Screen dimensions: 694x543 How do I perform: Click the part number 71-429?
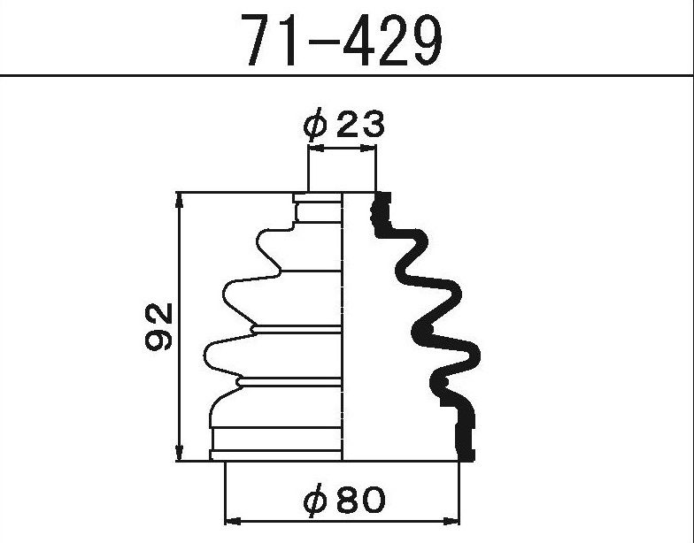click(344, 39)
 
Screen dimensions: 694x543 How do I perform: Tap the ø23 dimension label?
click(343, 124)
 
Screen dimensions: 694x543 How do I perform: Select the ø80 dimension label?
click(344, 501)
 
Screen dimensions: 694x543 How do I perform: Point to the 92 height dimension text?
click(158, 326)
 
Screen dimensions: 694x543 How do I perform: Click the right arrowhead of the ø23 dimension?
click(368, 149)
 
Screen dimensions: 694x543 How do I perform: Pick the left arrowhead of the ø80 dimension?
click(234, 520)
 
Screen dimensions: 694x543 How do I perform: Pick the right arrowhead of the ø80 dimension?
click(451, 520)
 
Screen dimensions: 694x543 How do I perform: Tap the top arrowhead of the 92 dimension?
click(179, 202)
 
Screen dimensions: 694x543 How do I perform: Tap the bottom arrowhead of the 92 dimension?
click(179, 453)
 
